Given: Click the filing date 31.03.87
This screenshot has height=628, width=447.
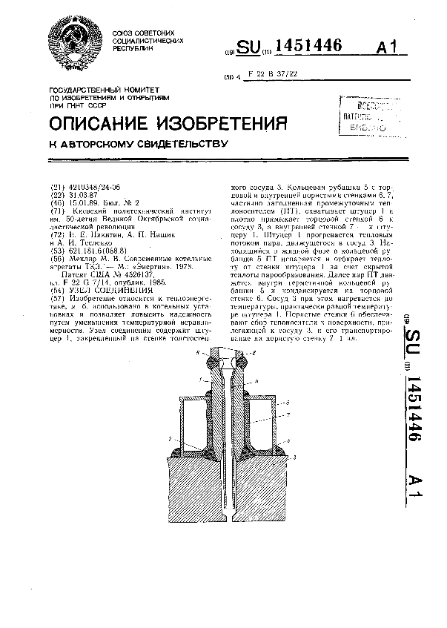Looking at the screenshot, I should pyautogui.click(x=82, y=194).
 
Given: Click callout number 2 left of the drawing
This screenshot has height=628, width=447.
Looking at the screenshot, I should pyautogui.click(x=169, y=439).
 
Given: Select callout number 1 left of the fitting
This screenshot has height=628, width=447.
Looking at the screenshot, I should pyautogui.click(x=201, y=379).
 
